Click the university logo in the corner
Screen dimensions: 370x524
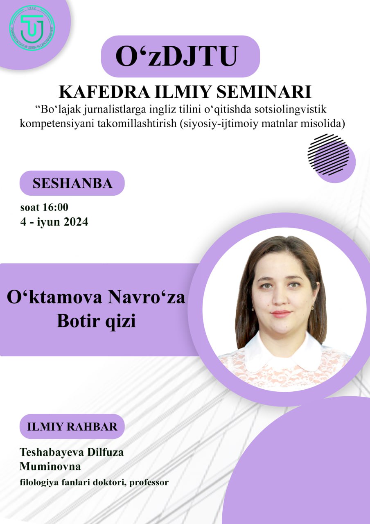[x=32, y=29]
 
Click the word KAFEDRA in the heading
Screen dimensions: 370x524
[x=104, y=92]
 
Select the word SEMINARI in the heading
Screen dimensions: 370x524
[x=264, y=92]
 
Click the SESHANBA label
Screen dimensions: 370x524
[x=72, y=183]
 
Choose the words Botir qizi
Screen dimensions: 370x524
[x=96, y=321]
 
